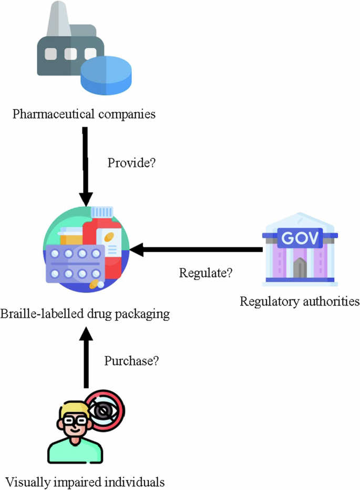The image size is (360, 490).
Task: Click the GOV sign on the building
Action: coord(300,238)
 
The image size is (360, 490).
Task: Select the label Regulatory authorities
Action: coord(300,301)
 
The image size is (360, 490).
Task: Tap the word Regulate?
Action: coord(205,274)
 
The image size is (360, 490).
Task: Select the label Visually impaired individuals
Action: coord(85,481)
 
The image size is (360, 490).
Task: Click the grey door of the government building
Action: coord(300,269)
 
